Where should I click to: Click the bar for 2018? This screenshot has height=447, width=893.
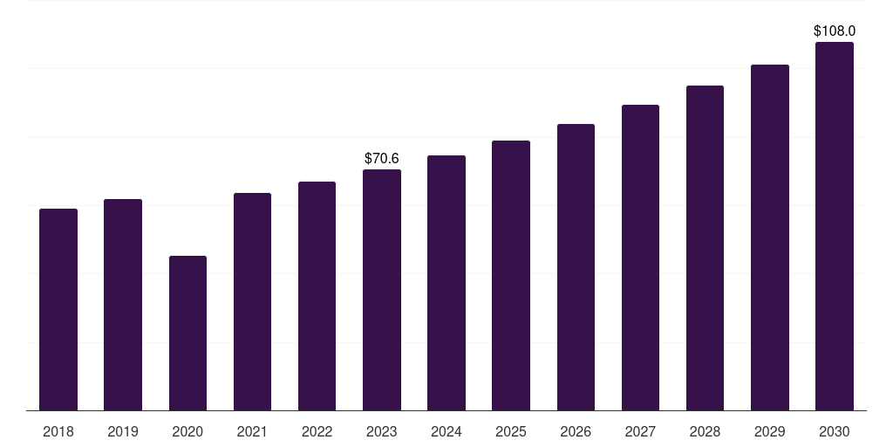point(58,310)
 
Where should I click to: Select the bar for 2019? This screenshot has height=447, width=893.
point(123,305)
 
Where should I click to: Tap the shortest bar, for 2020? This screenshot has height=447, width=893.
point(188,334)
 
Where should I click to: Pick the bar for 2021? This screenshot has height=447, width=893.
point(252,301)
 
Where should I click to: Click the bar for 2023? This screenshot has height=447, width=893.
point(382,290)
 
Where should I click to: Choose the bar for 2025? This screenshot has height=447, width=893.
point(511,275)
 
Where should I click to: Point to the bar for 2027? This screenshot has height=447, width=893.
point(640,258)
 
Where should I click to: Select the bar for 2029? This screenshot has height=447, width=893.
point(770,237)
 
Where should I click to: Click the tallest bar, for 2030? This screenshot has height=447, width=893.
point(835,226)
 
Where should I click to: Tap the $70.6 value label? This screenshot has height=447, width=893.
point(382,159)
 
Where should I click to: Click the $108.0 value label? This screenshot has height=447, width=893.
point(835,31)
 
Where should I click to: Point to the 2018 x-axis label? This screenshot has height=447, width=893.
point(58,431)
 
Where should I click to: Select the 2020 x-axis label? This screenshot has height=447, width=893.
point(187,431)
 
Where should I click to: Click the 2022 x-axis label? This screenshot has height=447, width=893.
point(317,431)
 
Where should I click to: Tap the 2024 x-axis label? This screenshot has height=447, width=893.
point(446,431)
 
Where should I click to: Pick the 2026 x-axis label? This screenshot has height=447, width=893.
point(576,431)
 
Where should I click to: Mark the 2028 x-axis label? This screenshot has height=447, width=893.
point(705,431)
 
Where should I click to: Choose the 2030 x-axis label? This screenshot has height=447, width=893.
point(835,431)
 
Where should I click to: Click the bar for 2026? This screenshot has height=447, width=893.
point(576,267)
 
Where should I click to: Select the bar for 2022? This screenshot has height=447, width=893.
point(317,296)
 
